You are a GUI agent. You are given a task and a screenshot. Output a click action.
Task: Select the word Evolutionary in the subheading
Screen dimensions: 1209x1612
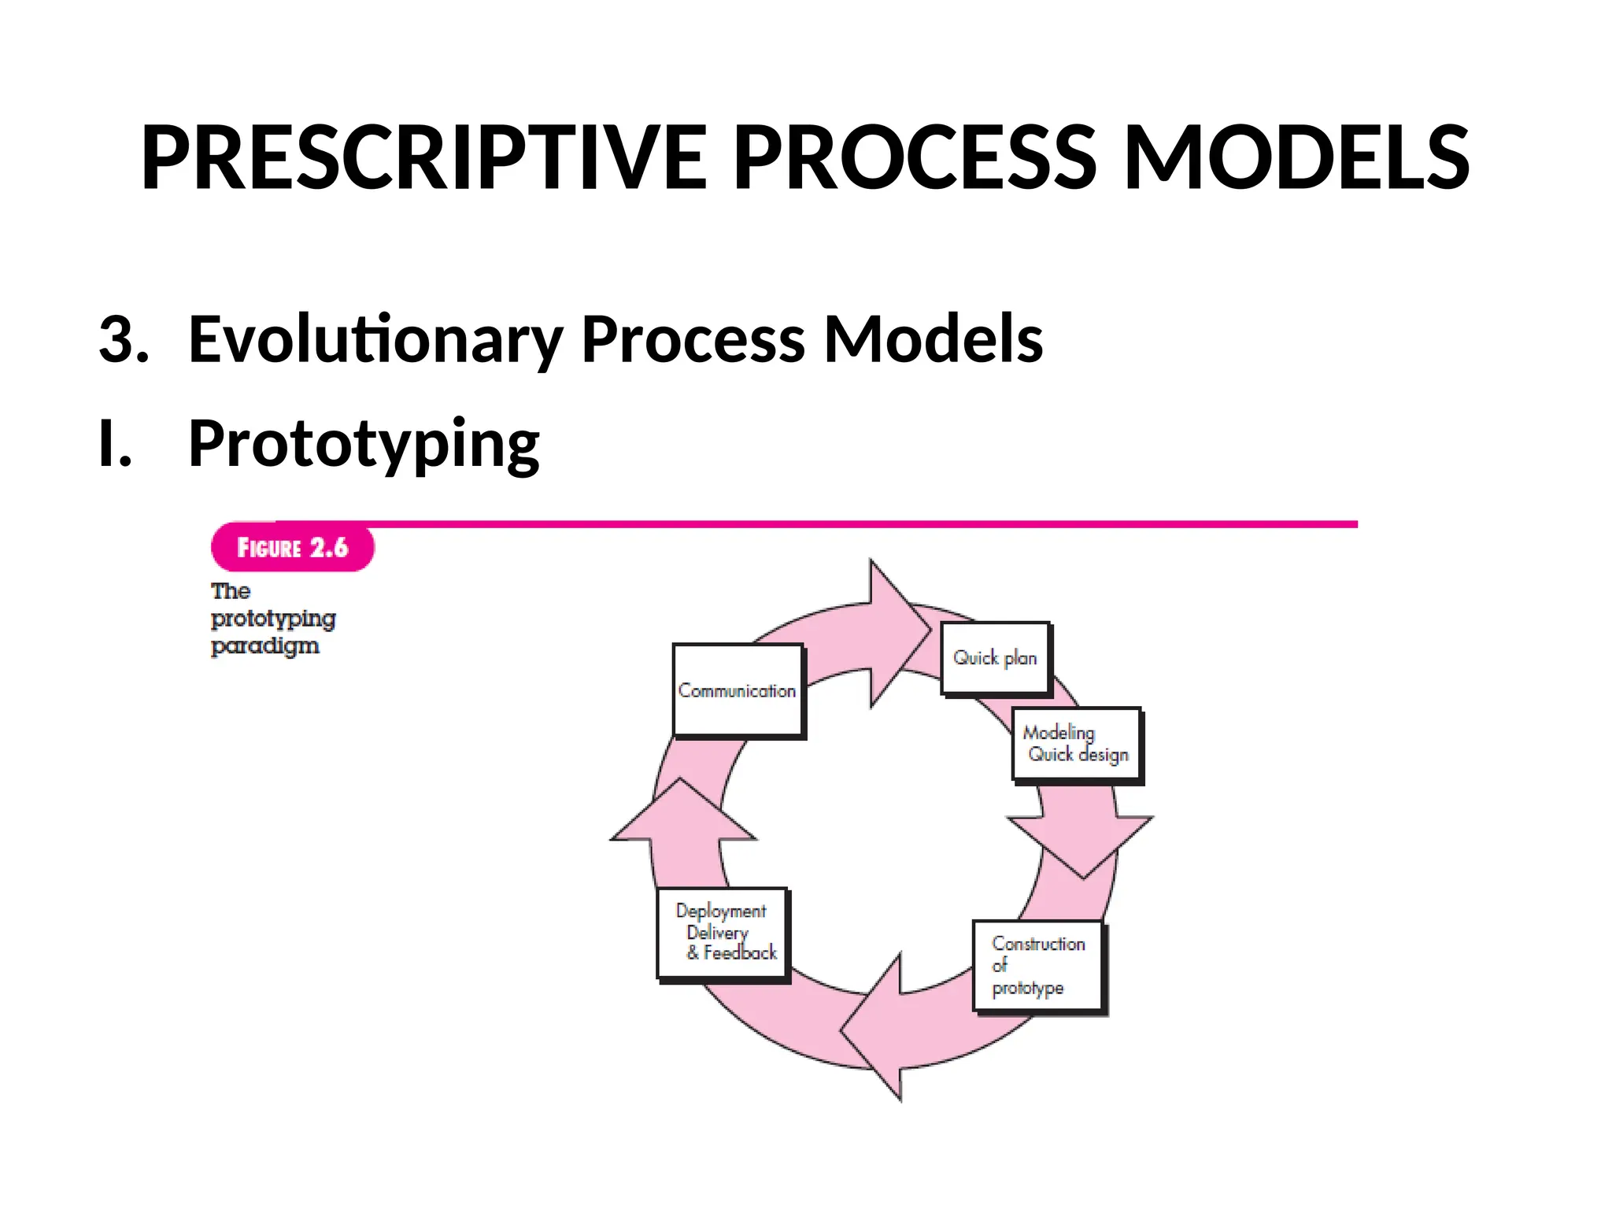coord(375,340)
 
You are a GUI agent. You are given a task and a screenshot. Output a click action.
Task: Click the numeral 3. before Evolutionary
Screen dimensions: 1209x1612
coord(124,340)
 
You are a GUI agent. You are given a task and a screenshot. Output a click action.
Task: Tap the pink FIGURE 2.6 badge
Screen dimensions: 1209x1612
coord(292,548)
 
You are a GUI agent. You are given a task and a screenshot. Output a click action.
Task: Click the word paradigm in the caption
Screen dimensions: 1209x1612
coord(264,646)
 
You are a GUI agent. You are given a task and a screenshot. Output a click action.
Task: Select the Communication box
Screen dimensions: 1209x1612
coord(738,690)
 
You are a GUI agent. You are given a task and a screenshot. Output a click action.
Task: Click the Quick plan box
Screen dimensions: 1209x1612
coord(996,658)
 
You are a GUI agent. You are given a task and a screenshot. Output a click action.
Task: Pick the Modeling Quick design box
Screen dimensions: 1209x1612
coord(1076,744)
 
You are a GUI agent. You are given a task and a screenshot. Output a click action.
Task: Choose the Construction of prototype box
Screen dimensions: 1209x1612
coord(1037,965)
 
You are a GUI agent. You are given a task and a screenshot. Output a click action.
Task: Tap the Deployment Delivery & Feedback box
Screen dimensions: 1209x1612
coord(723,933)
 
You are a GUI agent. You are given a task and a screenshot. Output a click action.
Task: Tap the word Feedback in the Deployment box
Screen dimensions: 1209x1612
coord(740,953)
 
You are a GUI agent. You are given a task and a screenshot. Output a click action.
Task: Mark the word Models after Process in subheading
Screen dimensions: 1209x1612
coord(933,340)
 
